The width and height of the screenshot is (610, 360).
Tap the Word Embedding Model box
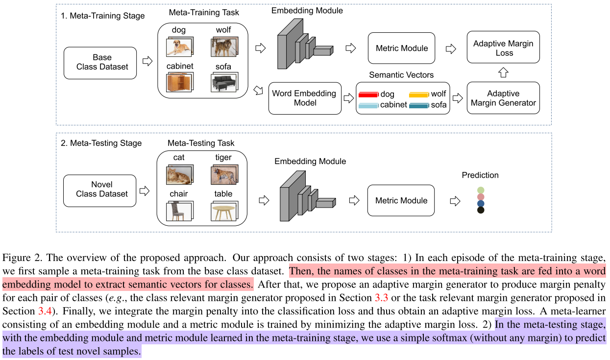tap(305, 98)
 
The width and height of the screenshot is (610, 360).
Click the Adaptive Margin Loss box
tap(503, 48)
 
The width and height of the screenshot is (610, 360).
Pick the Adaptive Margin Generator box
tap(503, 98)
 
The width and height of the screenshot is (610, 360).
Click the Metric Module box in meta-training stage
tap(401, 48)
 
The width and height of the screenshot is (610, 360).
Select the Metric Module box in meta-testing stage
tap(401, 200)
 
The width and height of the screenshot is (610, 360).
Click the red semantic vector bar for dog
tap(368, 95)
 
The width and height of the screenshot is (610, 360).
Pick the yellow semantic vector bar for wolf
tap(419, 95)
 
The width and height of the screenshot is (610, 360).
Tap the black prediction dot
tap(481, 210)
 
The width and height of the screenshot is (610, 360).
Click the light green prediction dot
tap(481, 190)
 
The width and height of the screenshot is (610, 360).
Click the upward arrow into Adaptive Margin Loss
tap(503, 72)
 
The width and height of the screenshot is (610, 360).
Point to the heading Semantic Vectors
tap(401, 75)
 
